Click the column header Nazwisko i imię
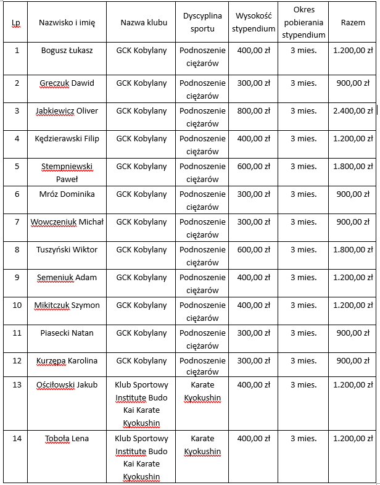[67, 22]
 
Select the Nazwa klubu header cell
[144, 22]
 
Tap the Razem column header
[353, 22]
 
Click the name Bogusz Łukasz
[67, 50]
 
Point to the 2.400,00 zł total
[353, 111]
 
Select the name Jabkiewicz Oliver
[67, 111]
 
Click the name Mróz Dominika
[67, 194]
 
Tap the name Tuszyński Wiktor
[67, 250]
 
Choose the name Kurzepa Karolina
[67, 361]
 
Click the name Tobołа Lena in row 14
[67, 439]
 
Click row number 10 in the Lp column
[17, 305]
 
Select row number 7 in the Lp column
[17, 222]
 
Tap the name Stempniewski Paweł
[67, 173]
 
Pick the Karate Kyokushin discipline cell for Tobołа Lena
[202, 445]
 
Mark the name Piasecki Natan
[67, 333]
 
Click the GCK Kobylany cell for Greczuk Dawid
[141, 83]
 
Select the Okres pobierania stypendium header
[304, 22]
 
